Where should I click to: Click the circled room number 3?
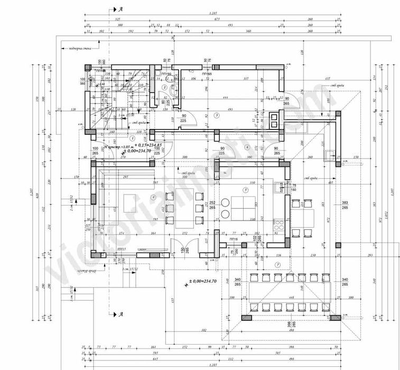click(216, 115)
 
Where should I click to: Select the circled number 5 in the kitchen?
click(245, 189)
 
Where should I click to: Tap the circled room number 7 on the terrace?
click(278, 264)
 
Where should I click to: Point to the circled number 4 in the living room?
click(153, 197)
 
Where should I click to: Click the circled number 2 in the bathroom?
click(165, 87)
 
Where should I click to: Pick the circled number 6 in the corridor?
click(247, 146)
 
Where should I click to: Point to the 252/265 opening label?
click(212, 206)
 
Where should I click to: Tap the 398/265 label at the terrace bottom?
click(290, 323)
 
